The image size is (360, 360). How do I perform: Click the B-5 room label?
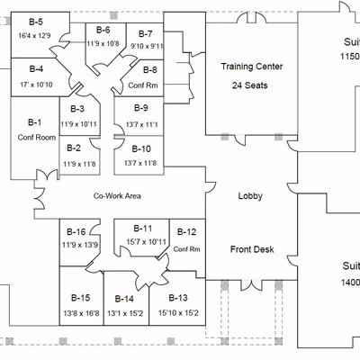point(36,22)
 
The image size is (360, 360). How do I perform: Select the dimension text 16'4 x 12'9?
point(36,35)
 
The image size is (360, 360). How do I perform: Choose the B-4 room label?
point(36,68)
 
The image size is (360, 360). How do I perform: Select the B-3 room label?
point(77,109)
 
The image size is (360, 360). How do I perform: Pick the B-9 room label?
point(140,109)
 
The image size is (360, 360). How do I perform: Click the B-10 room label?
point(140,148)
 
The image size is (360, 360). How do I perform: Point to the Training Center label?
point(252,67)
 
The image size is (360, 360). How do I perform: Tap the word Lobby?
point(249,195)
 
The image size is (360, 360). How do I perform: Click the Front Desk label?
point(252,249)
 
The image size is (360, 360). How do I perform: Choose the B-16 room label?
point(77,231)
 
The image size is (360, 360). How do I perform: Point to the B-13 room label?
point(178,298)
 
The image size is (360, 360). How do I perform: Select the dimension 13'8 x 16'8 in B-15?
point(80,313)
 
